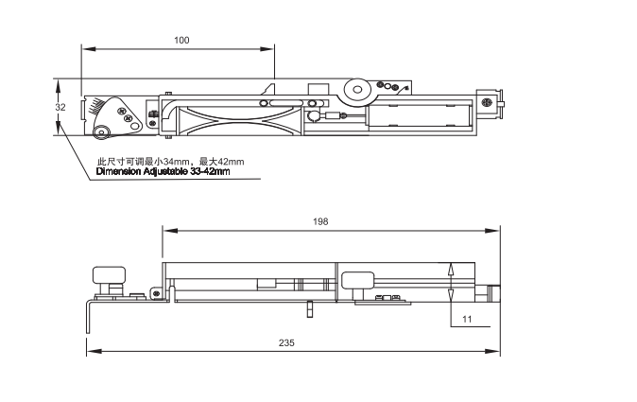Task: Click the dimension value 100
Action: tap(181, 40)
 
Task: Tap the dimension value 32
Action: tap(60, 107)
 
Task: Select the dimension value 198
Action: tap(320, 221)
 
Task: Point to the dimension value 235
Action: tap(286, 342)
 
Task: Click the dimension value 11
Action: tap(467, 319)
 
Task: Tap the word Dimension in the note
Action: tap(119, 171)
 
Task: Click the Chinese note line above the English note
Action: tap(171, 162)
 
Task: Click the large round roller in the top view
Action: tap(357, 90)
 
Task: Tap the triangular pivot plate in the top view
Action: tap(118, 117)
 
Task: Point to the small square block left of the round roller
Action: tap(318, 90)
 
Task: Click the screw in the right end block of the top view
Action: tap(487, 102)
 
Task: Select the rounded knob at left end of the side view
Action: tap(109, 275)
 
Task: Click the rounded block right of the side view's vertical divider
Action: tap(357, 281)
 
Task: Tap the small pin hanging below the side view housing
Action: tap(310, 308)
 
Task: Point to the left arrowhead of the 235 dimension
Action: tap(94, 351)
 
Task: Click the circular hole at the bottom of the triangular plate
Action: tap(100, 131)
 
